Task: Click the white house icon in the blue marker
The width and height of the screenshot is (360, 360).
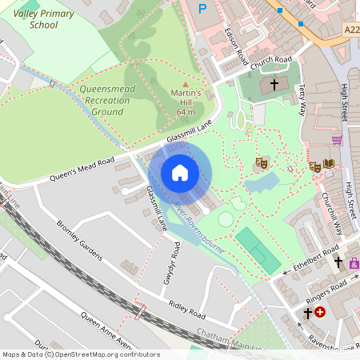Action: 180,172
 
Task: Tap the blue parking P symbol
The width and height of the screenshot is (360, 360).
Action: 202,8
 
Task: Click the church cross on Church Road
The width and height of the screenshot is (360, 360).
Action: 274,83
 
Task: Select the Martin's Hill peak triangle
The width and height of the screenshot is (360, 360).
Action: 186,84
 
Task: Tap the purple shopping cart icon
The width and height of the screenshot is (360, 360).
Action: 337,140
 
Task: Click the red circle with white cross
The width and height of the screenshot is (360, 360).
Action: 321,312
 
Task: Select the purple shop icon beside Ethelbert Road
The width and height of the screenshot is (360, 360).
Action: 354,262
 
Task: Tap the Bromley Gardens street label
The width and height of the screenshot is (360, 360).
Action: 79,241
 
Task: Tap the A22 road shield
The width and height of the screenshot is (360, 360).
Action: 351,30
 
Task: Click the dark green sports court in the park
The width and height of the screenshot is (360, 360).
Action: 258,250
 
